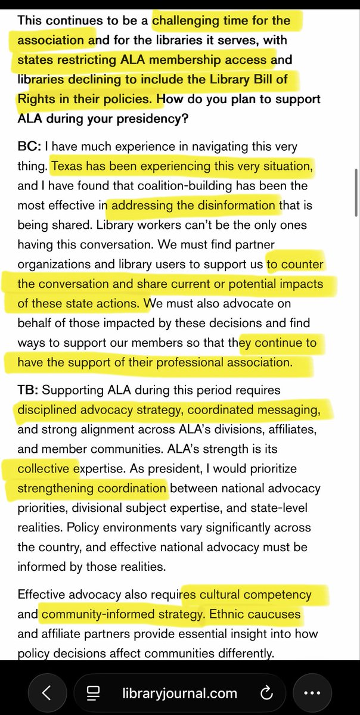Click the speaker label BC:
click(x=28, y=146)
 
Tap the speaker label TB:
click(x=28, y=390)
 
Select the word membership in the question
click(x=194, y=60)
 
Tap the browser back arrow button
click(x=46, y=692)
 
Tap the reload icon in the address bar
click(x=266, y=693)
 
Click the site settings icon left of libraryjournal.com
click(x=92, y=693)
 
